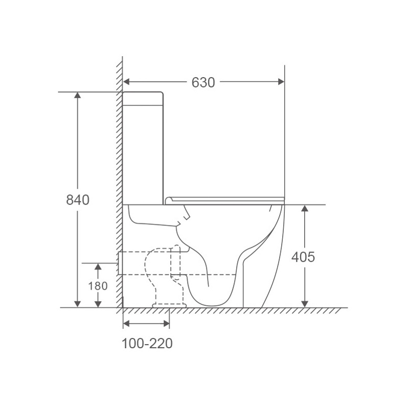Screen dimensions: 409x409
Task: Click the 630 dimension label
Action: pyautogui.click(x=203, y=82)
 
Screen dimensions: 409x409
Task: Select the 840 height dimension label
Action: pyautogui.click(x=78, y=200)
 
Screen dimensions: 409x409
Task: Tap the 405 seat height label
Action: pyautogui.click(x=303, y=257)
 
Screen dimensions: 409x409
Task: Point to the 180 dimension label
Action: pyautogui.click(x=98, y=286)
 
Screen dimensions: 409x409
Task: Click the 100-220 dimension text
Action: pyautogui.click(x=147, y=344)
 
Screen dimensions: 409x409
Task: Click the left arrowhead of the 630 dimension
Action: pyautogui.click(x=126, y=82)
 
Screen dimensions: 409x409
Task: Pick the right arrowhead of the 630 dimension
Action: pyautogui.click(x=281, y=82)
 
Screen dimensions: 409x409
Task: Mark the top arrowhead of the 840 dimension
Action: pyautogui.click(x=78, y=95)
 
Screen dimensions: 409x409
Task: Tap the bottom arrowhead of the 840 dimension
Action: pyautogui.click(x=78, y=304)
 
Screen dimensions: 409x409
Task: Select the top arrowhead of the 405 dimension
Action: pyautogui.click(x=305, y=208)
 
